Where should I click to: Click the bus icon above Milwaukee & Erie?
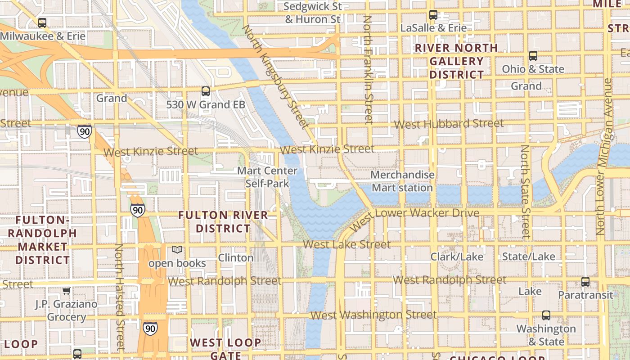(x=42, y=22)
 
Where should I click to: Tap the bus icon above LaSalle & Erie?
(x=433, y=15)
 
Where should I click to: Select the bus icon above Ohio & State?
(x=533, y=56)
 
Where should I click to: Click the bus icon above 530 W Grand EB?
(x=206, y=91)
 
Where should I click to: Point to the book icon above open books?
(x=178, y=250)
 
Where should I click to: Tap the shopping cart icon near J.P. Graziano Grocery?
(x=66, y=291)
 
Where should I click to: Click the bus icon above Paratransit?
(x=585, y=282)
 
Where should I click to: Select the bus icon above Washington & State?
(x=546, y=315)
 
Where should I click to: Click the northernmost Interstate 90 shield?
(x=84, y=131)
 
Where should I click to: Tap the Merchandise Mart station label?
(x=402, y=181)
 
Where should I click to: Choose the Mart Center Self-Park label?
(x=267, y=177)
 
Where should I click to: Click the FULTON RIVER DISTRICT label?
(x=223, y=222)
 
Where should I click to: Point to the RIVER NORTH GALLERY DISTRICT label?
(x=456, y=61)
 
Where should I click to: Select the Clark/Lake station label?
(x=457, y=257)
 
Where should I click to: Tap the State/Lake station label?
(x=529, y=256)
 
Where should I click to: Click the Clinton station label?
(x=236, y=258)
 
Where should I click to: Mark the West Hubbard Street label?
(x=449, y=124)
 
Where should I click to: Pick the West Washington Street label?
(x=373, y=315)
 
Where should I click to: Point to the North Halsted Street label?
(x=119, y=297)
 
